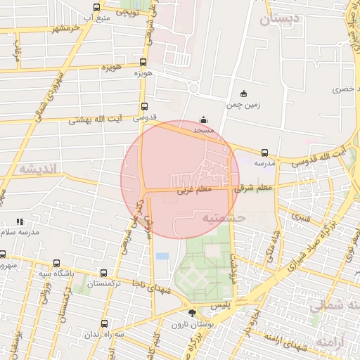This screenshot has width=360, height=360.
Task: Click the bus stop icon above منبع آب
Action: [x=96, y=8]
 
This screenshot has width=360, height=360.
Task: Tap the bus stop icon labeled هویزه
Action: [x=143, y=62]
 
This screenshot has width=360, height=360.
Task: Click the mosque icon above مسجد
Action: [x=204, y=120]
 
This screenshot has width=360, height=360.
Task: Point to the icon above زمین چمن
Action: [x=244, y=94]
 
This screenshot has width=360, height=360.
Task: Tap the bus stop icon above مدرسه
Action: [x=264, y=153]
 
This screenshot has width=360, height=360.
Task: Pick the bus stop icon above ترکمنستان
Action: [x=105, y=273]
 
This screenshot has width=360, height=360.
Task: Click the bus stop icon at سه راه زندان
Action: [x=105, y=323]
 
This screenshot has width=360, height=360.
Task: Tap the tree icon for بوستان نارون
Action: [x=193, y=313]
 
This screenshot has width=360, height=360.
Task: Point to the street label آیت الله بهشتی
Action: [x=95, y=120]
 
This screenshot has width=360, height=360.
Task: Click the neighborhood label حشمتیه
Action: [x=223, y=219]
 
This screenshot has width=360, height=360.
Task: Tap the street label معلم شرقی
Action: [x=254, y=188]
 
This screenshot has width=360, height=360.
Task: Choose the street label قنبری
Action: [x=301, y=217]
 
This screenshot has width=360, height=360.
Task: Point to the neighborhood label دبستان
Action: [x=279, y=20]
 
